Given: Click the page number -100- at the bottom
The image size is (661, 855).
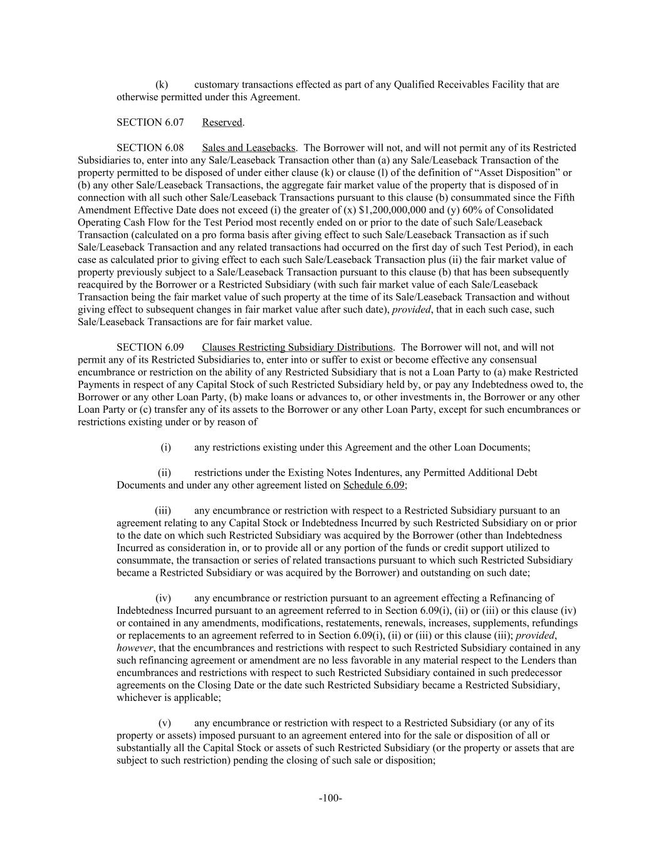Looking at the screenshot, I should click(x=330, y=798).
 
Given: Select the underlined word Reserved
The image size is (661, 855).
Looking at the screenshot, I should click(x=222, y=122).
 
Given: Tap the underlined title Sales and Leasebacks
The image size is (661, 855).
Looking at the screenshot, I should click(x=248, y=147).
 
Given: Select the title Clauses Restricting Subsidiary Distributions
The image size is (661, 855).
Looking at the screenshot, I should click(x=297, y=347).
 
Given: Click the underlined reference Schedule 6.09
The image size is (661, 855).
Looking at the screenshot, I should click(x=375, y=485).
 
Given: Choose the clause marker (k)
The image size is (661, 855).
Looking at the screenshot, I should click(x=162, y=85).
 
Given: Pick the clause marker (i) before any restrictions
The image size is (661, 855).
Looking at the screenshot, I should click(x=165, y=447).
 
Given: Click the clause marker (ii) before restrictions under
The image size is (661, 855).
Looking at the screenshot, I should click(x=164, y=472).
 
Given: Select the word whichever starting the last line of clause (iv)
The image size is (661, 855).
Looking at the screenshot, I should click(x=138, y=698).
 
